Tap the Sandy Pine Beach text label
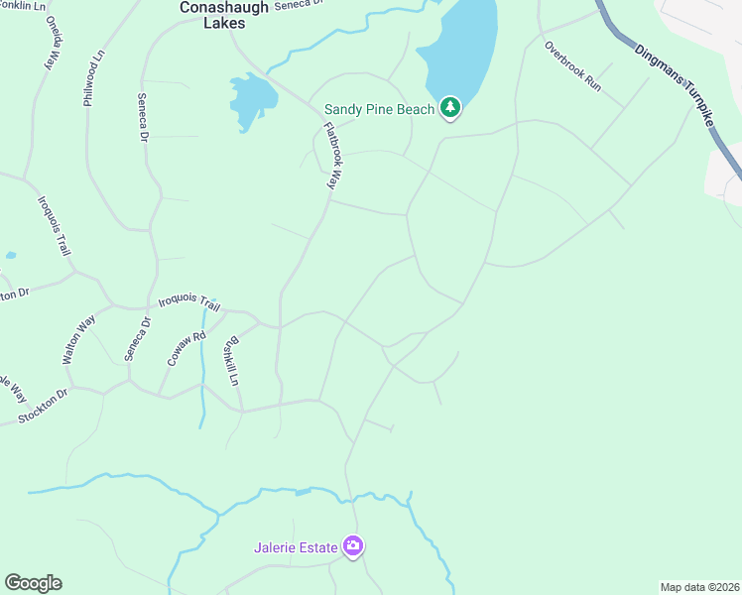tap(380, 109)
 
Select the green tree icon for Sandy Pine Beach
tap(450, 107)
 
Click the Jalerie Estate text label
tap(296, 546)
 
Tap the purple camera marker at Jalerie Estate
tap(353, 545)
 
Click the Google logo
tap(33, 583)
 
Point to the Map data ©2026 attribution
tap(699, 587)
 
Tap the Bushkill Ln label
tap(232, 362)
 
